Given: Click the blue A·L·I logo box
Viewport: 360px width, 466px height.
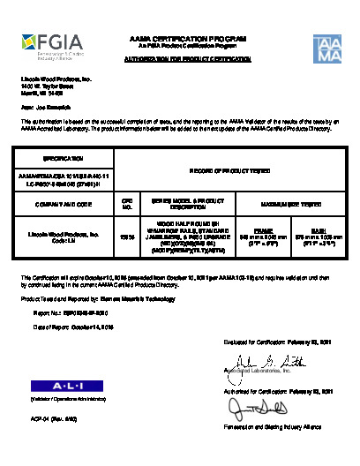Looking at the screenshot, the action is [x=56, y=386].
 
